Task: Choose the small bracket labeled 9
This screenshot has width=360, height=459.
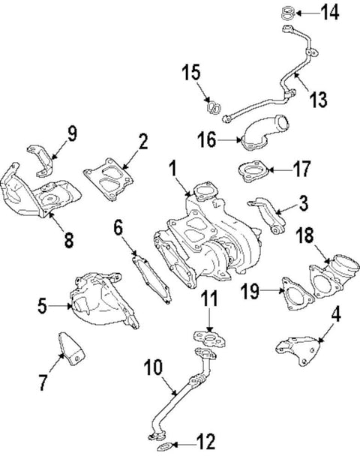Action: (x=40, y=157)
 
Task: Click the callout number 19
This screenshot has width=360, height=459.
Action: (x=250, y=289)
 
